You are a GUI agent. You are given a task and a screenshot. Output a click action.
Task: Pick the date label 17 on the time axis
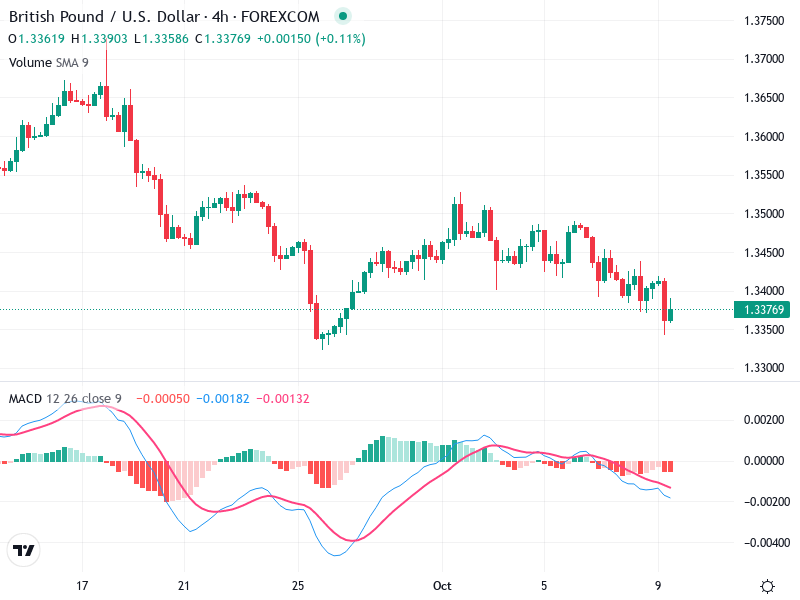point(83,585)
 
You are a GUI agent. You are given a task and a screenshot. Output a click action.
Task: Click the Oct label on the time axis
point(442,585)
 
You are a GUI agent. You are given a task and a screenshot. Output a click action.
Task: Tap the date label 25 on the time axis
point(297,585)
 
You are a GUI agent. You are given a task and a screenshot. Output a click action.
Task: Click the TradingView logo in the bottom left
point(23,550)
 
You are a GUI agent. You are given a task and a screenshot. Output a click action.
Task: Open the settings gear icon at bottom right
point(767,586)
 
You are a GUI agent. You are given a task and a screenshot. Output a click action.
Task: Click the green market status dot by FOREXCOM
point(343,17)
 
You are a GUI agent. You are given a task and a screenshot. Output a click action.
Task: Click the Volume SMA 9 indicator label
point(49,62)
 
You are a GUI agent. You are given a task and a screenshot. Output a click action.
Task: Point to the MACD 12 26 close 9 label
point(65,399)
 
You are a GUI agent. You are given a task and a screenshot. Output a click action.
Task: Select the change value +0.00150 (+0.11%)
point(313,39)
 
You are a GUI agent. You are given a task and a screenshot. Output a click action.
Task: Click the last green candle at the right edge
point(671,314)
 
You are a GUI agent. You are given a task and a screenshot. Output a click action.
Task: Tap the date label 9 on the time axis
point(658,585)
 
